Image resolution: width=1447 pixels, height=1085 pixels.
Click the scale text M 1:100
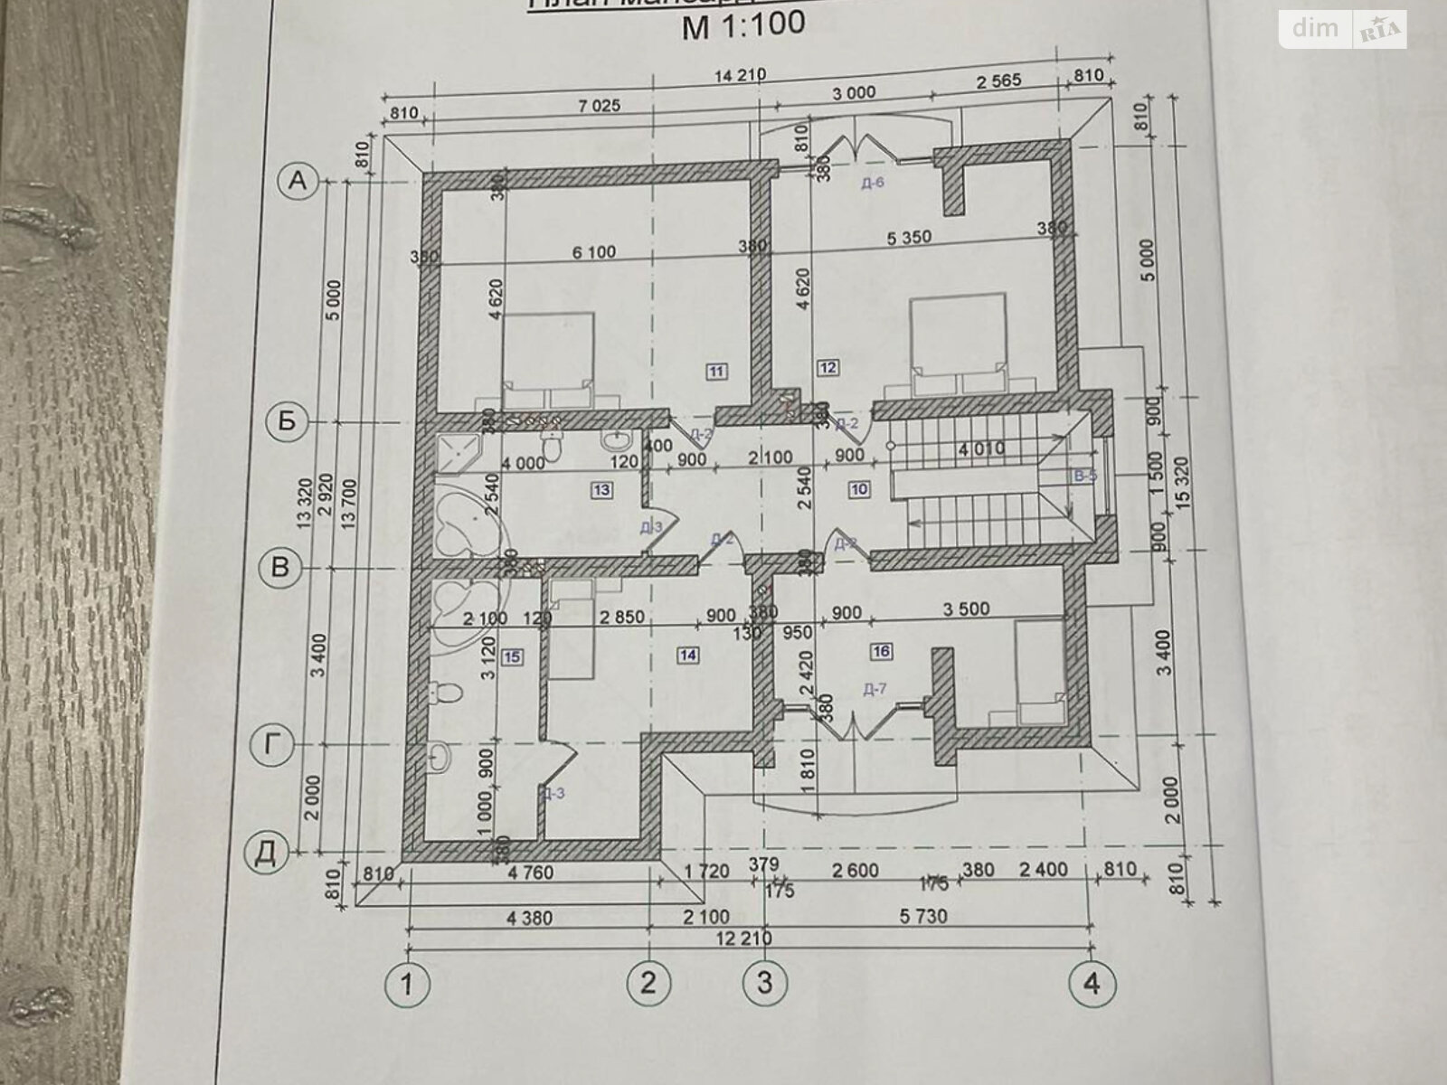tap(742, 24)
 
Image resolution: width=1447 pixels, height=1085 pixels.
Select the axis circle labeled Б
tap(286, 423)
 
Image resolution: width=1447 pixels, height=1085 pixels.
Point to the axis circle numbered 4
tap(1092, 982)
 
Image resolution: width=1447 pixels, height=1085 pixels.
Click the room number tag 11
tap(716, 370)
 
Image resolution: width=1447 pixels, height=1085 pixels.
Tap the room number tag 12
tap(828, 366)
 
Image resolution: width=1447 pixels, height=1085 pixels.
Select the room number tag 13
tap(601, 490)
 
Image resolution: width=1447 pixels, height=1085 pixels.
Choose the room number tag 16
tap(882, 651)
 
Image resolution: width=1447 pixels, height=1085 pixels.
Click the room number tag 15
tap(512, 657)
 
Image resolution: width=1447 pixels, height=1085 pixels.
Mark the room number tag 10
tap(859, 489)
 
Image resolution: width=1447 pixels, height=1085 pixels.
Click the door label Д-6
tap(873, 184)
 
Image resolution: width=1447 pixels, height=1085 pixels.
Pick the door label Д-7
tap(875, 690)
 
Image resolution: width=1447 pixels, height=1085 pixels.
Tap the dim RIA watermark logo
tap(1342, 30)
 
